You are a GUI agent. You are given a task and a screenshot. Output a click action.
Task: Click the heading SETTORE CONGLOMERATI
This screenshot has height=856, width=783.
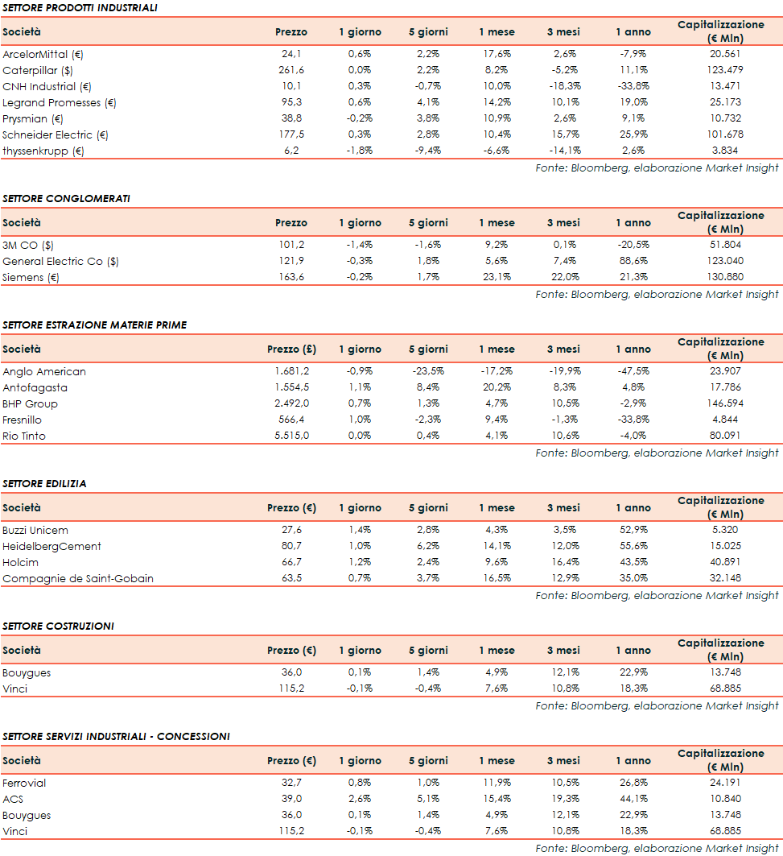tap(66, 198)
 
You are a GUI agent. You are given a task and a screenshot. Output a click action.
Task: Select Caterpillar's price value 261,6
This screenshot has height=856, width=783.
tap(291, 70)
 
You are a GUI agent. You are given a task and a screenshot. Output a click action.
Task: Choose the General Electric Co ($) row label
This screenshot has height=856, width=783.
tap(60, 261)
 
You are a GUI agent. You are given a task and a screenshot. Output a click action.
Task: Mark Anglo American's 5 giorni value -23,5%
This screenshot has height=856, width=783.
tap(427, 372)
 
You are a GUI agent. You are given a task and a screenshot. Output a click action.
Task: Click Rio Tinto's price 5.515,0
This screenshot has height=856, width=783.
tap(291, 436)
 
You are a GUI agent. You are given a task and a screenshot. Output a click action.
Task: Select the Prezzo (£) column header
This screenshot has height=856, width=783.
tap(291, 349)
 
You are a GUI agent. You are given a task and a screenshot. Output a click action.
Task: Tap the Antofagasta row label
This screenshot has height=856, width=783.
tap(35, 388)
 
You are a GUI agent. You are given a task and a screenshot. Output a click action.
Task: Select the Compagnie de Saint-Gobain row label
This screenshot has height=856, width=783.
tap(77, 579)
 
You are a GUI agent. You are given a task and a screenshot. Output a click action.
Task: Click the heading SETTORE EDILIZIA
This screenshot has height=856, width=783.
tap(44, 483)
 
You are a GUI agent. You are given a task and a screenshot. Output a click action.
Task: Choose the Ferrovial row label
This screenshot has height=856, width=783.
tap(24, 783)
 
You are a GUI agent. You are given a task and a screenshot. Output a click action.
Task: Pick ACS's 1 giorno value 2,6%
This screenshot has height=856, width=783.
tap(360, 799)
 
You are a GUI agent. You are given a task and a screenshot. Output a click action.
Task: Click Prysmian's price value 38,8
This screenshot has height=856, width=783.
tap(291, 118)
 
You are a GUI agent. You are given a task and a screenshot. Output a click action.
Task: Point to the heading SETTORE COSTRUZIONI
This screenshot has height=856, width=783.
tap(58, 626)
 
